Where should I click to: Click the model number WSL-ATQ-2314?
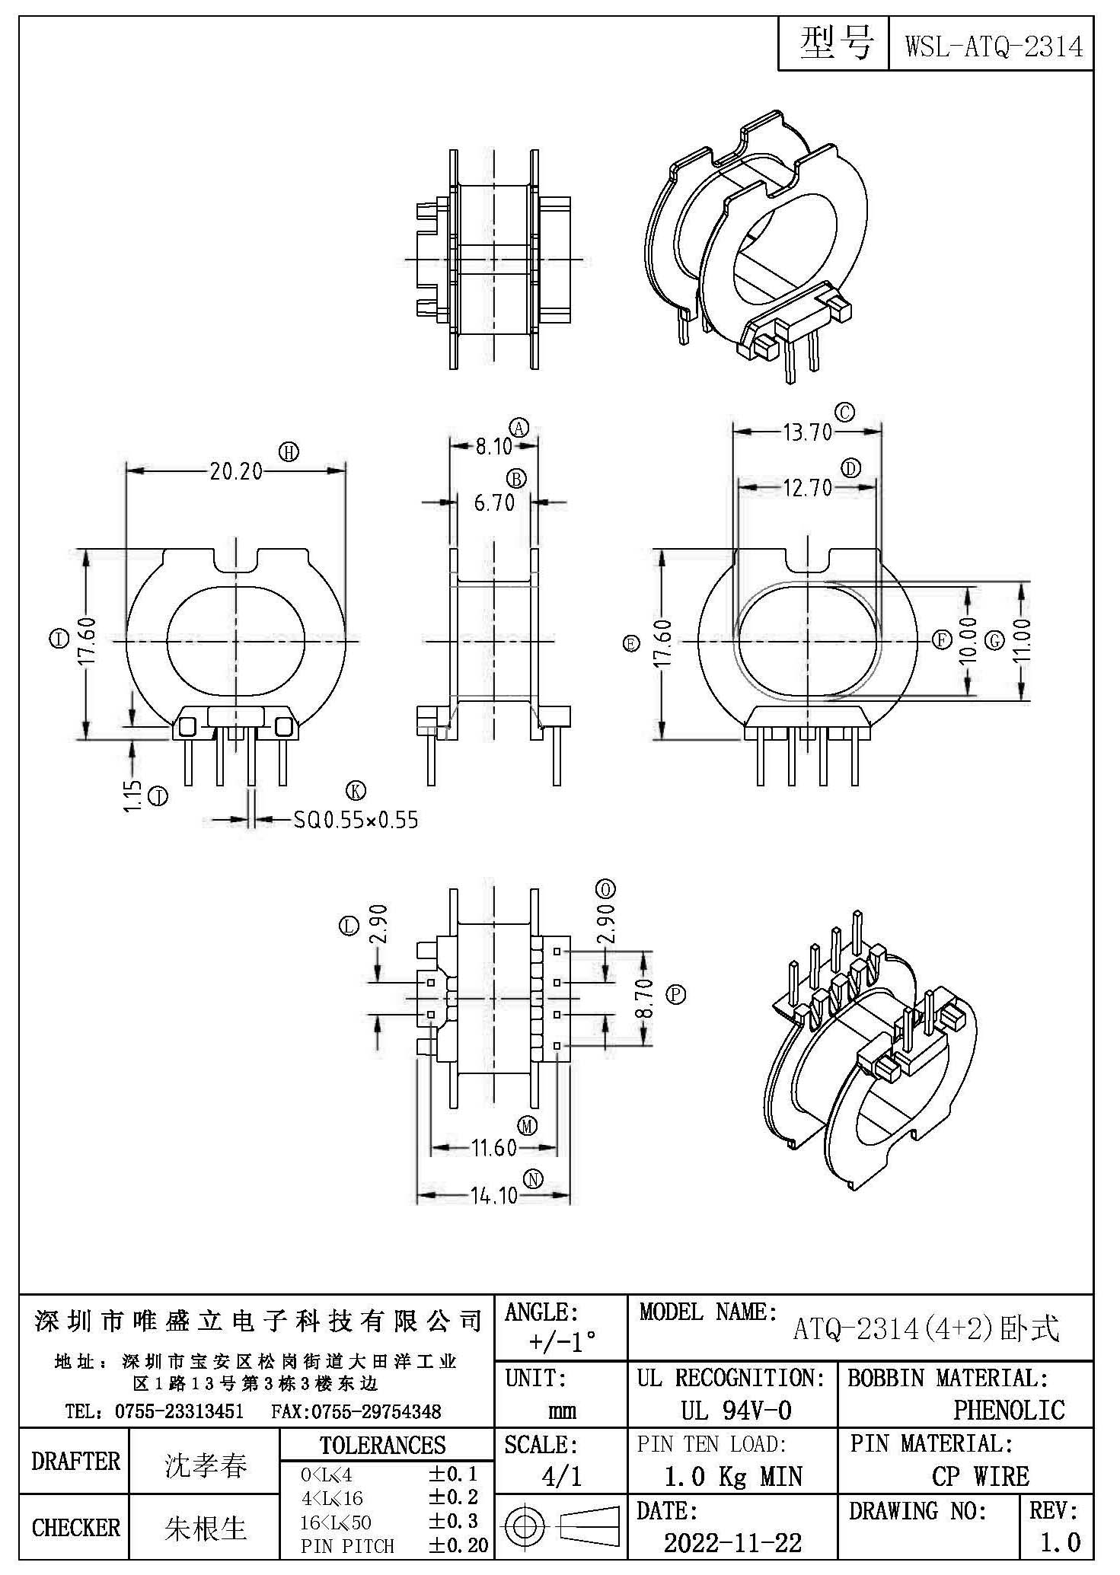[x=993, y=46]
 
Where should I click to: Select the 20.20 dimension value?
[x=236, y=472]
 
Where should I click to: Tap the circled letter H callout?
[x=289, y=452]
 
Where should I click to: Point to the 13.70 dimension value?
[x=807, y=432]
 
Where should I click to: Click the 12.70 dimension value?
[x=807, y=487]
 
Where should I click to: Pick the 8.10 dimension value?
[x=494, y=446]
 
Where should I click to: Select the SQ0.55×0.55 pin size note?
[x=356, y=820]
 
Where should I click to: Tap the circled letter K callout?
[x=356, y=791]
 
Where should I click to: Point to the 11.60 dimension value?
[x=494, y=1147]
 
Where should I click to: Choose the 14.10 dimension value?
[x=494, y=1195]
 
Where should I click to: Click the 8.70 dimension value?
[x=643, y=1000]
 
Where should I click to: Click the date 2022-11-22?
[x=732, y=1542]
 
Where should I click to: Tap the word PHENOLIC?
[x=1009, y=1410]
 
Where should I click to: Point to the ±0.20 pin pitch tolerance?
[x=458, y=1545]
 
